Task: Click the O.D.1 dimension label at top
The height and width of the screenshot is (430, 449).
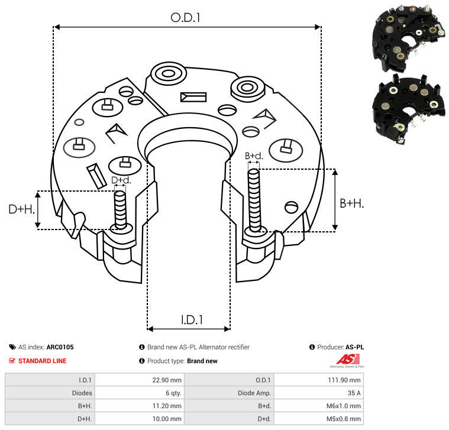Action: [185, 18]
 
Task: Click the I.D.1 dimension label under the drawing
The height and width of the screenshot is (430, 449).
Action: [192, 320]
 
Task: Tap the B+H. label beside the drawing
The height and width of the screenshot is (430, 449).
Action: [351, 203]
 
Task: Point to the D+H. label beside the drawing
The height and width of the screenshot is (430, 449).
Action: [22, 209]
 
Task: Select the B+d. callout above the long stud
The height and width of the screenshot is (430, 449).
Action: [254, 156]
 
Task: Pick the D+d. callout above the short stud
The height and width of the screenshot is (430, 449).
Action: [121, 180]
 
